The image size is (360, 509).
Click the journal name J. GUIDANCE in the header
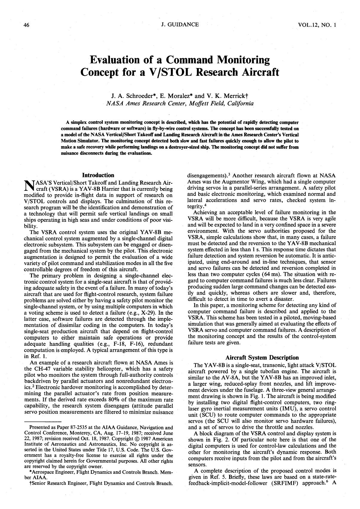(180, 24)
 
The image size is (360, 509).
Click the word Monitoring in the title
(243, 60)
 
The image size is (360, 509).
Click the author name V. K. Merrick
(228, 96)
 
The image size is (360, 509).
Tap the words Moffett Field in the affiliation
(206, 104)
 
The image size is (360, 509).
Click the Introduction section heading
(98, 175)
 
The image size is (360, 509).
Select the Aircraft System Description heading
(262, 358)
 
